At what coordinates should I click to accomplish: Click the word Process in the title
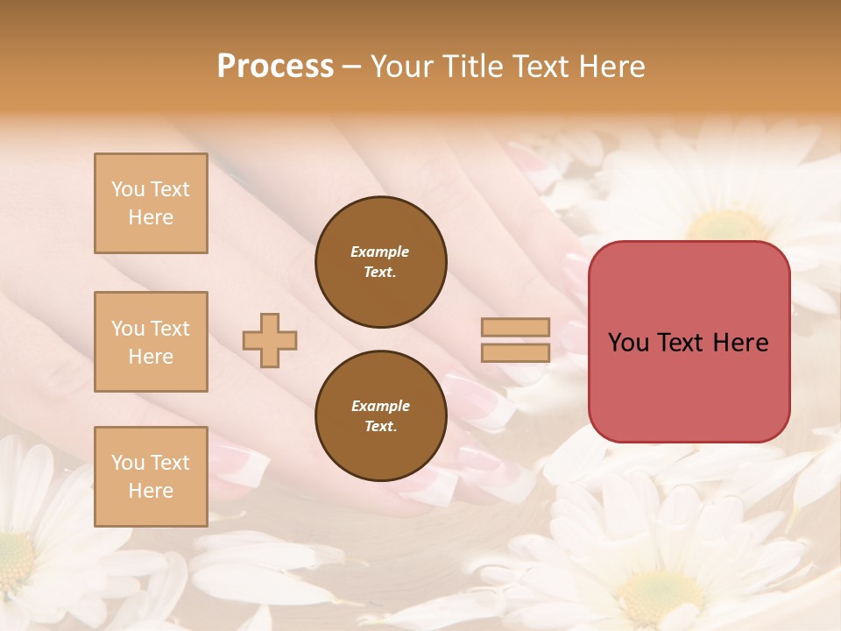(275, 67)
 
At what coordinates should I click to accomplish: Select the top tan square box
(151, 203)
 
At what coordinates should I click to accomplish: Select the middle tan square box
(151, 342)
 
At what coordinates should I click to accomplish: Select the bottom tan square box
(151, 477)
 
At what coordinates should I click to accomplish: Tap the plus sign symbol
(270, 340)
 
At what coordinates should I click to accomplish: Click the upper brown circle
(380, 261)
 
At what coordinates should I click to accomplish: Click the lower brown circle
(380, 415)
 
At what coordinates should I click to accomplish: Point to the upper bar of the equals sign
(515, 327)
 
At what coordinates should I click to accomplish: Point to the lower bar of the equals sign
(515, 353)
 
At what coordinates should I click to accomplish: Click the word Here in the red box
(740, 343)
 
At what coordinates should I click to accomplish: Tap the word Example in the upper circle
(380, 252)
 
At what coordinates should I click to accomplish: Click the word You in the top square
(127, 189)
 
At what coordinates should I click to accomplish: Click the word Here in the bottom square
(151, 491)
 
